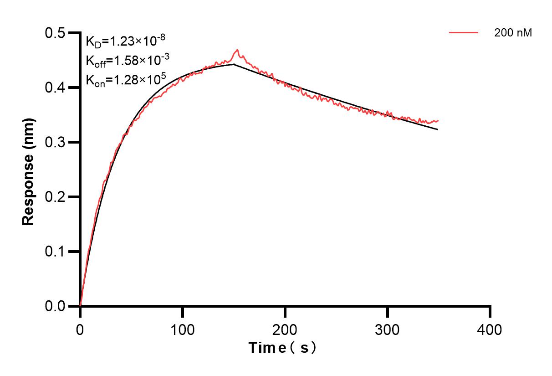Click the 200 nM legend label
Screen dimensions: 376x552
[513, 33]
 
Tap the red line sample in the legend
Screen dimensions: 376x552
[464, 33]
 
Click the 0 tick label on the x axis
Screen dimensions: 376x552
[80, 330]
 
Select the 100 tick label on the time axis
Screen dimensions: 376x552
[183, 330]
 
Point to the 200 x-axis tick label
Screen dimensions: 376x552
[285, 330]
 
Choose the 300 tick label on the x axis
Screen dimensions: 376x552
[388, 330]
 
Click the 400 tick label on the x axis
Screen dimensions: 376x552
[490, 330]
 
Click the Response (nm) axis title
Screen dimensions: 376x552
[29, 170]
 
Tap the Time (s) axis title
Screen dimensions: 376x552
[282, 348]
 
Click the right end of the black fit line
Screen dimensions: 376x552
[438, 129]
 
